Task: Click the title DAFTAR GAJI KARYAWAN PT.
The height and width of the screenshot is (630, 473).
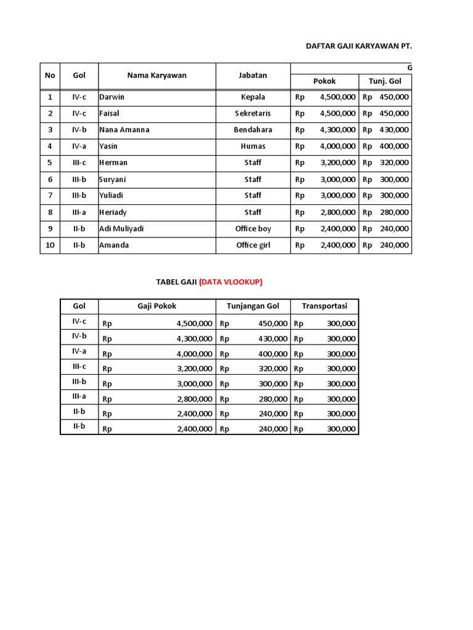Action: click(x=358, y=46)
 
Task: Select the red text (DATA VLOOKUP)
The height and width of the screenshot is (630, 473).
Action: click(x=230, y=282)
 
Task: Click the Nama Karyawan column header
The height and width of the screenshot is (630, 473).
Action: click(x=156, y=76)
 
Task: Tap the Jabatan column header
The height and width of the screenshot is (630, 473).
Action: click(x=253, y=76)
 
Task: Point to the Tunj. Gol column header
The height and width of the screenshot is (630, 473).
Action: click(x=385, y=81)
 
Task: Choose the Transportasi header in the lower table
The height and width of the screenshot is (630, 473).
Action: click(x=325, y=306)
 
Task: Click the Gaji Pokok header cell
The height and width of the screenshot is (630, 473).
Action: click(x=156, y=306)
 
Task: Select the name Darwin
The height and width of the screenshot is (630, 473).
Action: click(x=112, y=97)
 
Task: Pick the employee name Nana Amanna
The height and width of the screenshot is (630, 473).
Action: click(x=124, y=130)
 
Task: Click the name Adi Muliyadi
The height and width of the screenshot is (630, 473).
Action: click(x=121, y=229)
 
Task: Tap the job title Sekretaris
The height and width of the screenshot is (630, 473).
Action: click(x=253, y=114)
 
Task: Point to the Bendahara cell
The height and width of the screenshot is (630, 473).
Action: click(x=253, y=130)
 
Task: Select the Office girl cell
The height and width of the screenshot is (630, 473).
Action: click(x=253, y=245)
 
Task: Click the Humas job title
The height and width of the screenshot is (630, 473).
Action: click(x=253, y=146)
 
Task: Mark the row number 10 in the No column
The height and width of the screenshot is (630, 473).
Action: click(x=50, y=245)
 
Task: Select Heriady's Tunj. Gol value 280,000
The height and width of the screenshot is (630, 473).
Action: click(x=394, y=212)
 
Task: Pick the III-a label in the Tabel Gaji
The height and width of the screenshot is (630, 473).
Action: click(x=79, y=396)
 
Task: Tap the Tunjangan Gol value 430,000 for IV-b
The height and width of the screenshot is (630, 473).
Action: click(x=272, y=339)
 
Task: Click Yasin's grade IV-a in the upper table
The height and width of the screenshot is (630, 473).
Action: click(x=79, y=146)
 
